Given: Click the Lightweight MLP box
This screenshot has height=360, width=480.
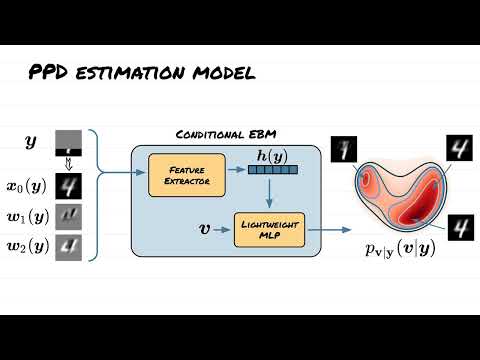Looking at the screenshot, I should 265,229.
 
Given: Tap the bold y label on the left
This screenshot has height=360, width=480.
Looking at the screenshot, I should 30,142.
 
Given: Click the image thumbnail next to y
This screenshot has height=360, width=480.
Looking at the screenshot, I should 68,142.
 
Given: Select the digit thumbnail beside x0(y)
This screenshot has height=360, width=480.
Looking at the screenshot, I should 68,186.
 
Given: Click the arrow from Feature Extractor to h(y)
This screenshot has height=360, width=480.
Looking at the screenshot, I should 218,171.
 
